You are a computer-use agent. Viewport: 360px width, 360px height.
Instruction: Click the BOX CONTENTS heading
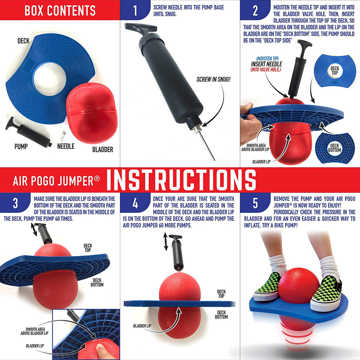click(x=60, y=11)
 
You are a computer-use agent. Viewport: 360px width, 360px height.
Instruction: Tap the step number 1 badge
click(x=135, y=11)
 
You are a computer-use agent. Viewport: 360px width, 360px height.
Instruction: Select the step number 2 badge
click(x=255, y=11)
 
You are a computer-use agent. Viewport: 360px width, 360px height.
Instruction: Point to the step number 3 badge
click(x=15, y=204)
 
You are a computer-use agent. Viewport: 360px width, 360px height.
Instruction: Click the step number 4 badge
click(x=135, y=204)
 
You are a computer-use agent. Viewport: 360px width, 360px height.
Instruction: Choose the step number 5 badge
click(x=255, y=204)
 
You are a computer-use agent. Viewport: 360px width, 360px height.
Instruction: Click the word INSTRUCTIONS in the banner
click(x=181, y=180)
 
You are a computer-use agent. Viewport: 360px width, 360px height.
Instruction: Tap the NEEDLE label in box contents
click(x=66, y=146)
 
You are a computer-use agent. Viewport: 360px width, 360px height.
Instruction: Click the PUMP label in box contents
click(x=21, y=146)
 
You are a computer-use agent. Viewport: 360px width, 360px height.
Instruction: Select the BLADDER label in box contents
click(x=103, y=149)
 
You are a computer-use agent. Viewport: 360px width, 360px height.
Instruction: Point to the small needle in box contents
click(x=64, y=134)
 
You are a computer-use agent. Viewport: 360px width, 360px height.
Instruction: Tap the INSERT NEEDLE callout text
click(x=266, y=64)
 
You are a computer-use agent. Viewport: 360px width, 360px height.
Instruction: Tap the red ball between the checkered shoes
click(x=298, y=285)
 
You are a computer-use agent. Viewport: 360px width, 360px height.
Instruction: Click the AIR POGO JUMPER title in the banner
click(x=56, y=180)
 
